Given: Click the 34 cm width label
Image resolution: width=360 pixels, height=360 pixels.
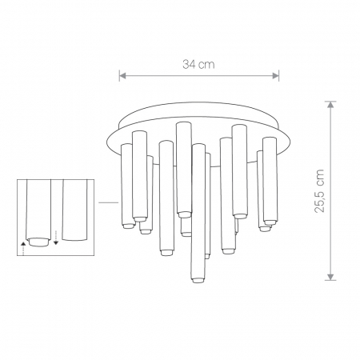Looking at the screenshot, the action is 198,65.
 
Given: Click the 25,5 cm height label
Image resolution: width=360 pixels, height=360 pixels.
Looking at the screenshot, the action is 319,190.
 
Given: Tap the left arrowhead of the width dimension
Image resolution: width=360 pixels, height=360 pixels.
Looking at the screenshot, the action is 122,76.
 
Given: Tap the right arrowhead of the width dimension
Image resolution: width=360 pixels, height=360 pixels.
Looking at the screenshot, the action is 275,76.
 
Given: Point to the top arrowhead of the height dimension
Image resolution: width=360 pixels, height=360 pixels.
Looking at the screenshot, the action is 330,105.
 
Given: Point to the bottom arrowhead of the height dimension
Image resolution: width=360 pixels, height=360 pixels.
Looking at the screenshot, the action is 330,277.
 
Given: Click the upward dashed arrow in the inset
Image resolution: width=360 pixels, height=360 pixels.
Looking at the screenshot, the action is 23,249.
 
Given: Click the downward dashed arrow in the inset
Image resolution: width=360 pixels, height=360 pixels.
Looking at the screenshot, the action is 56,238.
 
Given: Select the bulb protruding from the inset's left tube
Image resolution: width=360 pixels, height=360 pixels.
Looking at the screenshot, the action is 39,242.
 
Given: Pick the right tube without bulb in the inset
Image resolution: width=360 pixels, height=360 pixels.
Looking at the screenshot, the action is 74,210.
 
